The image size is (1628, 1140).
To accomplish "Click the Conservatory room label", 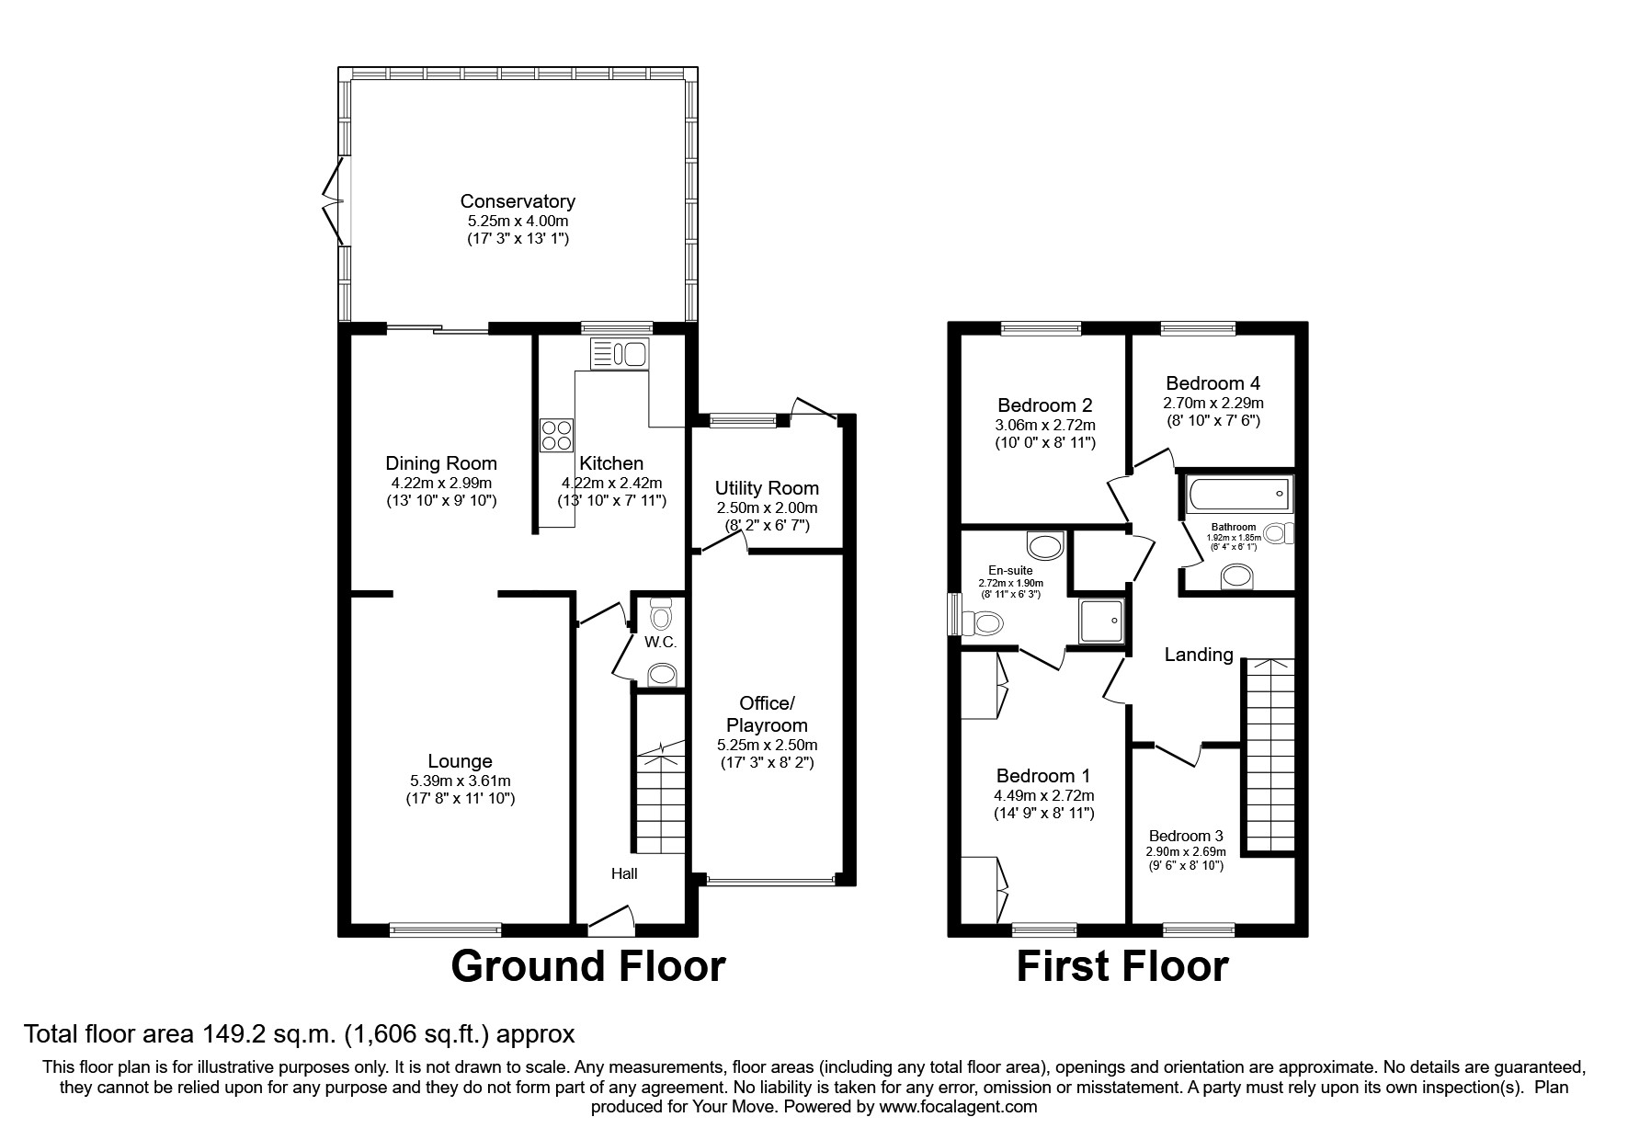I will coord(518,201).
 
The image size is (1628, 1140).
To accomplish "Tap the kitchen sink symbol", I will coord(620,353).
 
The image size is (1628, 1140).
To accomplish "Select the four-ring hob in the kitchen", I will coord(556,435).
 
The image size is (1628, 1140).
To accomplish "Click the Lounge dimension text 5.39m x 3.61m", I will coord(460,781).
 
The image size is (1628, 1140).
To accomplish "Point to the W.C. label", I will coord(660,643).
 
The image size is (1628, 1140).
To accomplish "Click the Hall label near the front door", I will coord(624,873).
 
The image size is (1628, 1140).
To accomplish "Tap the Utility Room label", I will coord(767,488).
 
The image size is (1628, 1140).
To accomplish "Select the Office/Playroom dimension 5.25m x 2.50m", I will coord(767,745).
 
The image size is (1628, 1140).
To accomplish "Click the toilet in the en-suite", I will coord(984,624).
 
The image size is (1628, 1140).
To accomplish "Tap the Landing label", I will coord(1198,655).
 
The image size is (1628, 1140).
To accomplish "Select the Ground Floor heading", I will coord(588,966).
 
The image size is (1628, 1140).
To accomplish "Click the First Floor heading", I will coord(1121,966).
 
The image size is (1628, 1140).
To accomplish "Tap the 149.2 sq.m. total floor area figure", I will coord(268,1034).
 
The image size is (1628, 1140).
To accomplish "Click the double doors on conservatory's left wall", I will coord(335,200).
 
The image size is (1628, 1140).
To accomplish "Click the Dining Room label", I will coord(441,463).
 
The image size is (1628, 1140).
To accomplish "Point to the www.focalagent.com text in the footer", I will coord(958,1107).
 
